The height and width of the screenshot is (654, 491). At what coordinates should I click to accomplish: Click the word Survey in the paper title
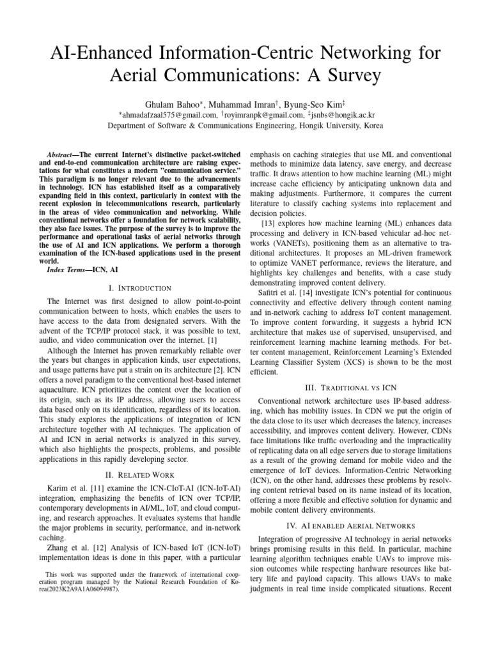coord(345,75)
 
